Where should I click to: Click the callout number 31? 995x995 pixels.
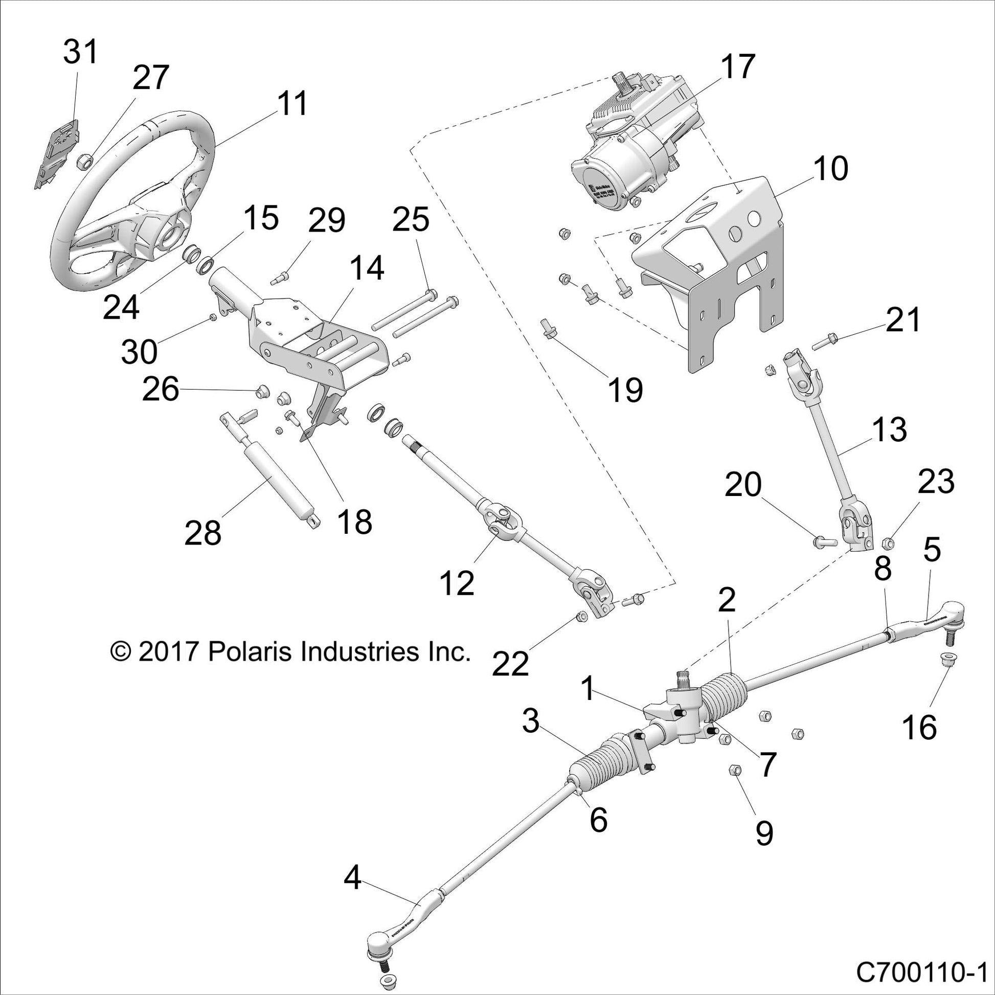click(x=80, y=53)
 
